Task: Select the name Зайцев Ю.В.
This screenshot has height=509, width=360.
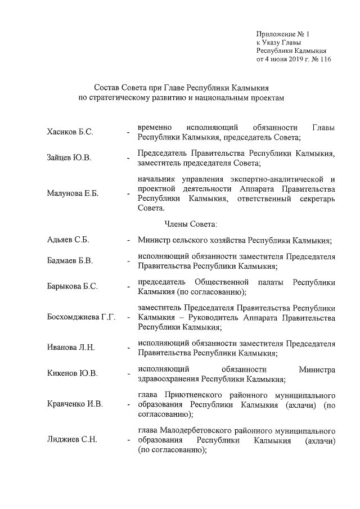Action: pyautogui.click(x=69, y=158)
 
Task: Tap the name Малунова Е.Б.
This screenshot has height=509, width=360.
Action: pyautogui.click(x=73, y=193)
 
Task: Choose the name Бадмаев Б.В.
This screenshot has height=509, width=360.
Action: pyautogui.click(x=70, y=262)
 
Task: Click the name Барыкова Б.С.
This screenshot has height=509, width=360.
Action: pyautogui.click(x=73, y=286)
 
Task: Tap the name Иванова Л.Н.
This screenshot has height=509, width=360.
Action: pyautogui.click(x=71, y=348)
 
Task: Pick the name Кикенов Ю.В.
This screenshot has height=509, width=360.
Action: pyautogui.click(x=72, y=373)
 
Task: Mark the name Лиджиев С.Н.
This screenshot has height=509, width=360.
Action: pyautogui.click(x=72, y=440)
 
